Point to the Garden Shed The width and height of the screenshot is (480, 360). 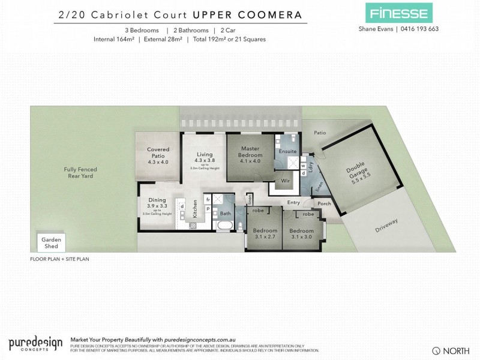coord(47,242)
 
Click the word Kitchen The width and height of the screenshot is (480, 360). coord(195,211)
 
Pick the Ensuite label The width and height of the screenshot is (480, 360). coord(288,152)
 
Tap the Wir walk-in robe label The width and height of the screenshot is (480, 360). coord(286,180)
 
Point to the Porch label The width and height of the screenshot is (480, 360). coord(324,203)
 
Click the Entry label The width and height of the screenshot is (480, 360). coord(293,202)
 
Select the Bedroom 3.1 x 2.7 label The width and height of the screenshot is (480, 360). coord(265,234)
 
